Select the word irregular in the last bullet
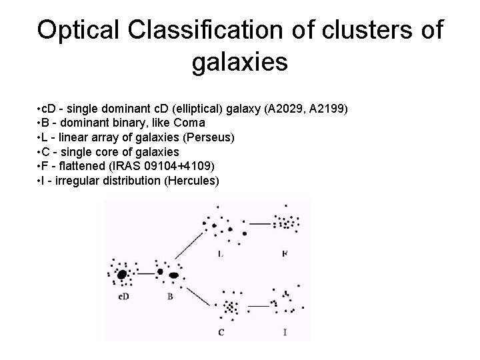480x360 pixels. click(76, 181)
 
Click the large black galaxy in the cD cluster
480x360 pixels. click(122, 274)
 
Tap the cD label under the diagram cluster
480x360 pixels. click(123, 296)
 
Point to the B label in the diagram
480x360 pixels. click(170, 296)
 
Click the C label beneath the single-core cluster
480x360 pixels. click(221, 331)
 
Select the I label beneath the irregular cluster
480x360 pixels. click(285, 331)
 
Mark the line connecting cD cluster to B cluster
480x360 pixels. click(145, 273)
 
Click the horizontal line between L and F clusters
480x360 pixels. click(258, 224)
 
